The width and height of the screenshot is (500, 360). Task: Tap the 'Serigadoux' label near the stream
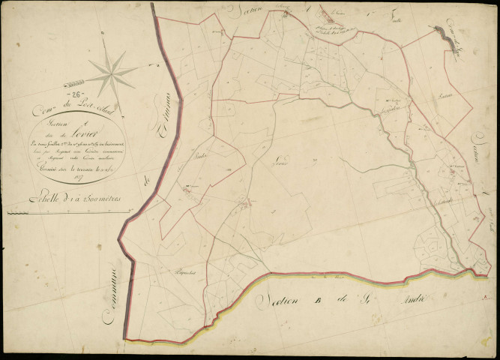393,110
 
